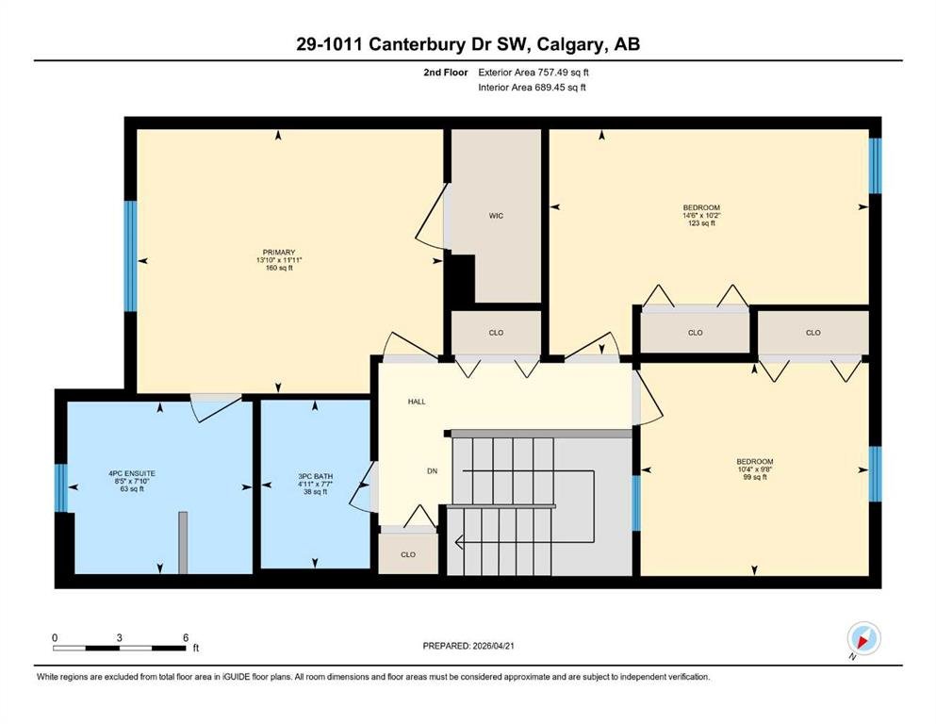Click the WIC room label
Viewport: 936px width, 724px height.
pos(496,216)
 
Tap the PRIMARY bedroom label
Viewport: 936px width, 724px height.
pos(279,253)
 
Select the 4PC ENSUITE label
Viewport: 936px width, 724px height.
pos(132,473)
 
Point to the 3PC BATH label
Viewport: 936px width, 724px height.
pos(315,476)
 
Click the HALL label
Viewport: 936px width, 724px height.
pos(417,402)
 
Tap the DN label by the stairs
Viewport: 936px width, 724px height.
pos(433,471)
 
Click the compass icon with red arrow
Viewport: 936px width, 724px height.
pos(863,639)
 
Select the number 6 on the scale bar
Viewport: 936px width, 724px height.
pos(186,637)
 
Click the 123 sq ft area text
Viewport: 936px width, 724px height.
pos(701,223)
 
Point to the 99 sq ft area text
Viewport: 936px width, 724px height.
pos(754,477)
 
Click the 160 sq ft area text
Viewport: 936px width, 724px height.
pos(279,268)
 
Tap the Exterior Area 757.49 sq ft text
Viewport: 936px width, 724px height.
pos(534,73)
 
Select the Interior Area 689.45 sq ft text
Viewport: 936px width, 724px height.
pos(532,87)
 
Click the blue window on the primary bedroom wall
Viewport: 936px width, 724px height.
pos(130,256)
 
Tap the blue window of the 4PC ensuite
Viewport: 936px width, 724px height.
pos(61,487)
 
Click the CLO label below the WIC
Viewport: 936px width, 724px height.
pos(496,333)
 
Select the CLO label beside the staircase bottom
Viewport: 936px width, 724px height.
pos(408,554)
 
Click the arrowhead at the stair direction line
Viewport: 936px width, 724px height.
pos(458,543)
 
